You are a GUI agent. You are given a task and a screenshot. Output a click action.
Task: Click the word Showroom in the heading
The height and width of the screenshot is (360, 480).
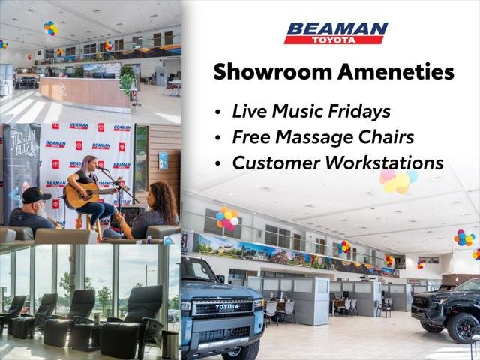(x=273, y=72)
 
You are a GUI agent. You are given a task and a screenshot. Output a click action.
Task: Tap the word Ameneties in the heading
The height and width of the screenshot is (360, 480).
(x=396, y=72)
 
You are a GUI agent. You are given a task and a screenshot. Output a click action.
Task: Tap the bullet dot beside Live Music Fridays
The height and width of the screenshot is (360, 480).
(x=217, y=112)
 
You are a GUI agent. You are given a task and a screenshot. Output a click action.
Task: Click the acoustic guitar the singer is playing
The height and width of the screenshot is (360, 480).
(x=88, y=194)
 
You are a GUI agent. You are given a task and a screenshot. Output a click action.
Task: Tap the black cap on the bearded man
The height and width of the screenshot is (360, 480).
(x=36, y=195)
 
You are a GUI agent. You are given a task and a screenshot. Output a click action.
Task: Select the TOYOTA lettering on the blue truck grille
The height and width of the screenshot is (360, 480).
(x=227, y=307)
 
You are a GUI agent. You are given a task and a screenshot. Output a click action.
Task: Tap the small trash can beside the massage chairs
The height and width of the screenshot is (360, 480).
(x=170, y=344)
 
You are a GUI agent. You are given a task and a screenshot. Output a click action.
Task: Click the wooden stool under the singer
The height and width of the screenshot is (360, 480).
(x=89, y=226)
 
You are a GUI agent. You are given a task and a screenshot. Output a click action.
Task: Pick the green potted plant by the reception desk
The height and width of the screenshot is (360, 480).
(x=127, y=80)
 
